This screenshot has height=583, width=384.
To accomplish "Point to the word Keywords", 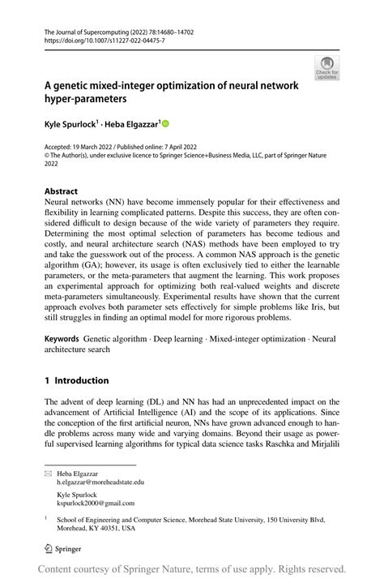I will [62, 334].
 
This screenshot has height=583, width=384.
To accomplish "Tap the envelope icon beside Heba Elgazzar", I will [48, 470].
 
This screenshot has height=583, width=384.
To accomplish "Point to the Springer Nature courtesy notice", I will [192, 568].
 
